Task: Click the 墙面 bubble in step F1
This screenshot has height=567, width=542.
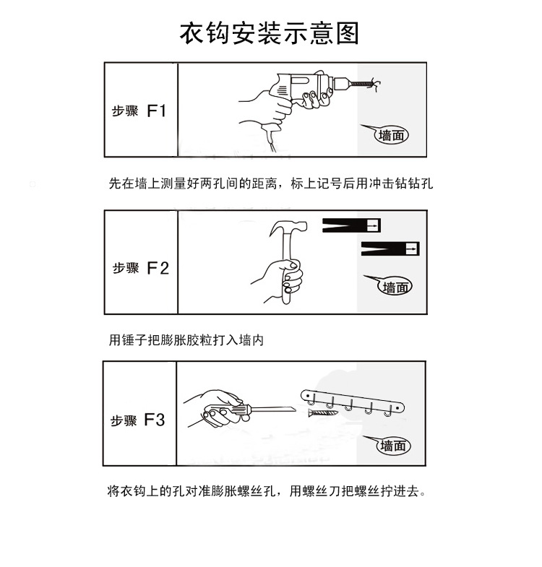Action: click(391, 134)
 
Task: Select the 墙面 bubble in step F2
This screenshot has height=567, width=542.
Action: click(397, 287)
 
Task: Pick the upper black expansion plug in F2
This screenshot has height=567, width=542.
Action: click(350, 225)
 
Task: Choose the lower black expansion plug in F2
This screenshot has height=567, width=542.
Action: click(390, 249)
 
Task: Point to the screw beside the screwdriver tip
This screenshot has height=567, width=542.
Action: click(321, 412)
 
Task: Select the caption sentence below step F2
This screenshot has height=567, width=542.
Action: click(186, 339)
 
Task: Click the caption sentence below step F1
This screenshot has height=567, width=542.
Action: click(270, 183)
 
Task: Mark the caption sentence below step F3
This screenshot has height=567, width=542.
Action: click(267, 492)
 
